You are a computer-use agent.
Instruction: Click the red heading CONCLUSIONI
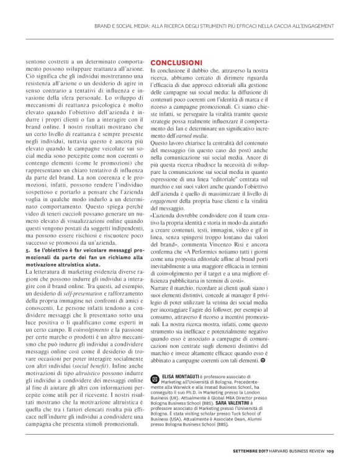click(x=176, y=63)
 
